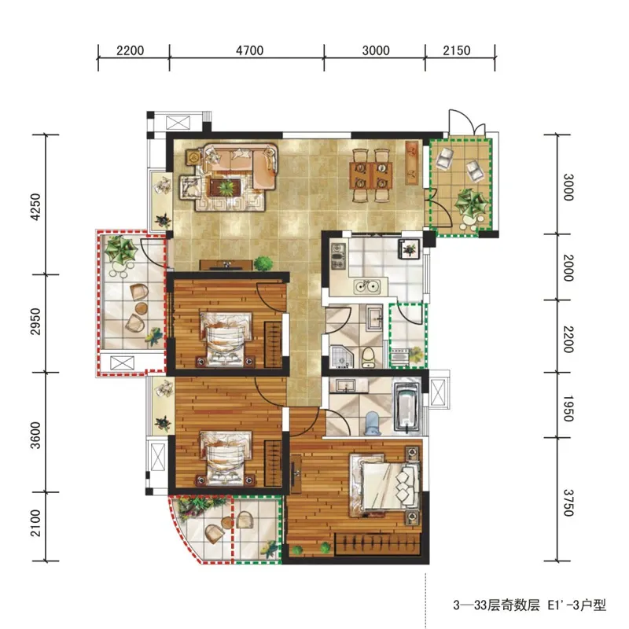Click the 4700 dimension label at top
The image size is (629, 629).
pos(249,50)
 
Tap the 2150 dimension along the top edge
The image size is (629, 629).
pos(457,50)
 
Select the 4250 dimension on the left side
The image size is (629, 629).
pos(35,207)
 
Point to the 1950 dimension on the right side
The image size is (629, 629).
pos(568,408)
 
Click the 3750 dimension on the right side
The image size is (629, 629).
pos(568,503)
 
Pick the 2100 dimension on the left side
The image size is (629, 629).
pos(35,523)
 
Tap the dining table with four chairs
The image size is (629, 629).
pos(371,175)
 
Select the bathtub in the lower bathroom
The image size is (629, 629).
pos(406,406)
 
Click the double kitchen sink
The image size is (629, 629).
pos(367,286)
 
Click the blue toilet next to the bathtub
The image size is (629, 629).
pos(373,424)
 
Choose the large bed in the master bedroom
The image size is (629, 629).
pos(384,485)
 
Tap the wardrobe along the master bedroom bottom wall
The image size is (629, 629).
pos(377,544)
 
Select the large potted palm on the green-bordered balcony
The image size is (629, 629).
pos(471,203)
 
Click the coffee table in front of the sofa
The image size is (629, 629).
pos(225,188)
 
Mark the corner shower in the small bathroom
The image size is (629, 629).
pos(342,357)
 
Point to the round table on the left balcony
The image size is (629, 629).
pos(142,308)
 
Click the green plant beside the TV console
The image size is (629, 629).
pos(263,263)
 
